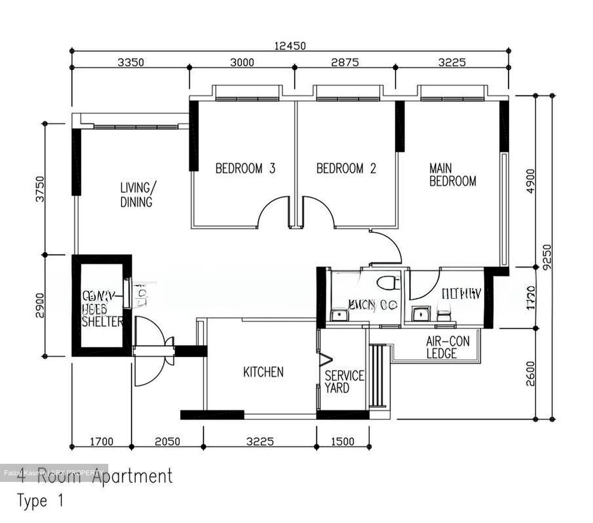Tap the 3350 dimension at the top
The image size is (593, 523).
point(131,62)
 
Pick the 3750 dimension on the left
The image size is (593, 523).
point(40,189)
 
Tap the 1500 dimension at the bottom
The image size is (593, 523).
point(342,442)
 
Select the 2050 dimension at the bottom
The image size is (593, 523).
point(167,442)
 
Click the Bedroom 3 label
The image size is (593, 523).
point(245,169)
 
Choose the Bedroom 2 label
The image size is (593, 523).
point(346,169)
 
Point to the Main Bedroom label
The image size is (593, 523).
point(452,175)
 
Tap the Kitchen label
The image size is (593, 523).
point(263,372)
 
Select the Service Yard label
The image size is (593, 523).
point(344,382)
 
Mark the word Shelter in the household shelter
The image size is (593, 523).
point(102,322)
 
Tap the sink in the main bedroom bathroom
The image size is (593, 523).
point(420,314)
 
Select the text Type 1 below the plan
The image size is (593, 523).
point(40,501)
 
